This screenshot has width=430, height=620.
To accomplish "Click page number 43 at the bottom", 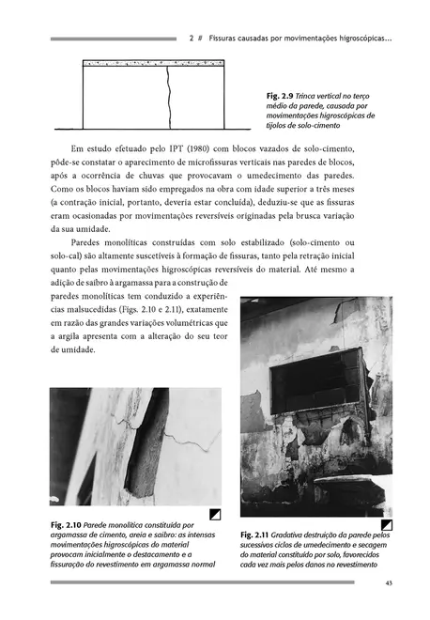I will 388,585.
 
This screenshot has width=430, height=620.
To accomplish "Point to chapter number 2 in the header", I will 191,39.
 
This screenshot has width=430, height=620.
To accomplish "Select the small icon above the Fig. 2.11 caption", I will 386,523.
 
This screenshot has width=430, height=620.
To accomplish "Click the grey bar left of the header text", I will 113,39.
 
